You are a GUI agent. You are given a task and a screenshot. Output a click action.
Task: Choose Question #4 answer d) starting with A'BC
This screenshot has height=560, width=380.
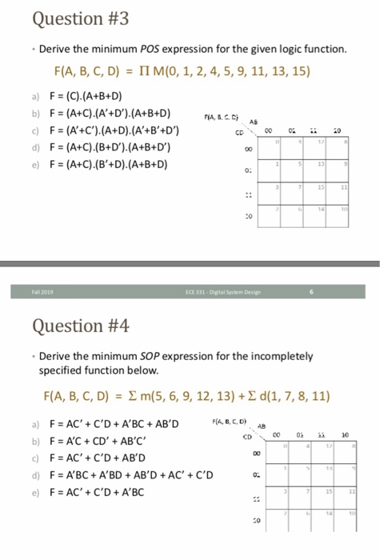(x=128, y=474)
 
